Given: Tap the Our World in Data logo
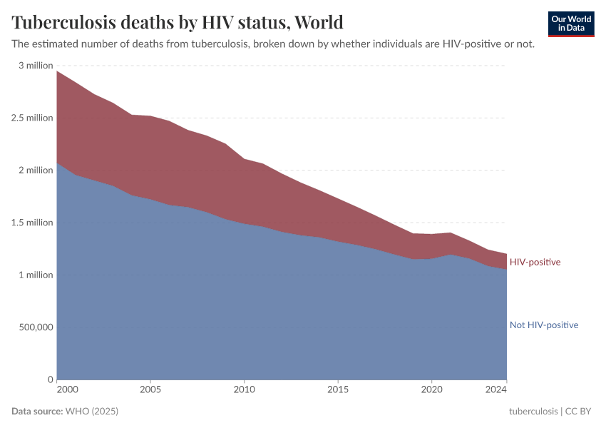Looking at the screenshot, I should pyautogui.click(x=571, y=24).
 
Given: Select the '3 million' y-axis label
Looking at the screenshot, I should pyautogui.click(x=36, y=66).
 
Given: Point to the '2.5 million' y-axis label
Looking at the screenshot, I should pyautogui.click(x=33, y=118).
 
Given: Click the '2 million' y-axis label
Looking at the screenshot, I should pyautogui.click(x=36, y=170).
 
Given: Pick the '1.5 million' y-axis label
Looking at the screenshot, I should pyautogui.click(x=33, y=223).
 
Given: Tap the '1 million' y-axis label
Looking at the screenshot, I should pyautogui.click(x=36, y=275).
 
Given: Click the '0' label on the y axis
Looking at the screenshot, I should pyautogui.click(x=50, y=379).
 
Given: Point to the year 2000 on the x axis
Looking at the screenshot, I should pyautogui.click(x=66, y=390).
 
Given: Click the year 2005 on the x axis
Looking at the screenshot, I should pyautogui.click(x=150, y=390).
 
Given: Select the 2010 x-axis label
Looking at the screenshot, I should pyautogui.click(x=244, y=390).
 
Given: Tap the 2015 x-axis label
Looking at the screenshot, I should pyautogui.click(x=337, y=390).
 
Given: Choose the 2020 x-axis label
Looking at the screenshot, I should pyautogui.click(x=431, y=390).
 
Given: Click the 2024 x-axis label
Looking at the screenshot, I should pyautogui.click(x=496, y=390).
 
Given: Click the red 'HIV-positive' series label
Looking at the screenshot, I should pyautogui.click(x=535, y=263).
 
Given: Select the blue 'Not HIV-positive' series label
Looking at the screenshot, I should pyautogui.click(x=543, y=325).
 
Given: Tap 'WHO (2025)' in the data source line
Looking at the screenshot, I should pyautogui.click(x=91, y=412).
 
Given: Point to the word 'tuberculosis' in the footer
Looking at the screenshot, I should pyautogui.click(x=533, y=412).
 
